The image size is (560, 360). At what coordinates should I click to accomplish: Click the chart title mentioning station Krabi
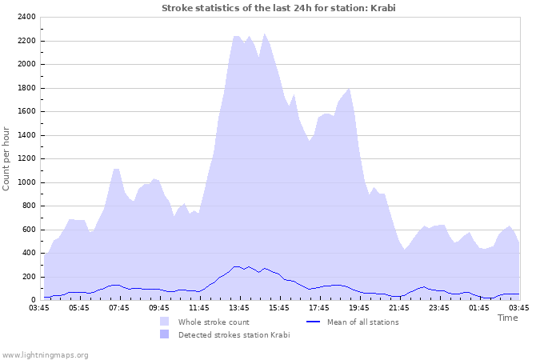click(278, 8)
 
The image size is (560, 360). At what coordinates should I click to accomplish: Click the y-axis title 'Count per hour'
click(7, 158)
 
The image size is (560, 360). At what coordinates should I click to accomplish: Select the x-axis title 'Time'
click(507, 318)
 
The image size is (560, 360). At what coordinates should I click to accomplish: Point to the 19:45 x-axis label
click(360, 307)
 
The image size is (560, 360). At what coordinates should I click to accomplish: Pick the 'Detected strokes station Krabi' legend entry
click(234, 334)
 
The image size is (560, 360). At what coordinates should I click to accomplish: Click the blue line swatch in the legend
click(314, 322)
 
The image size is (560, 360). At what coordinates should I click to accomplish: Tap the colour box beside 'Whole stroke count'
click(164, 322)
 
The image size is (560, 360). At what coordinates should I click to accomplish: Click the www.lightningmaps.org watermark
click(45, 354)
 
